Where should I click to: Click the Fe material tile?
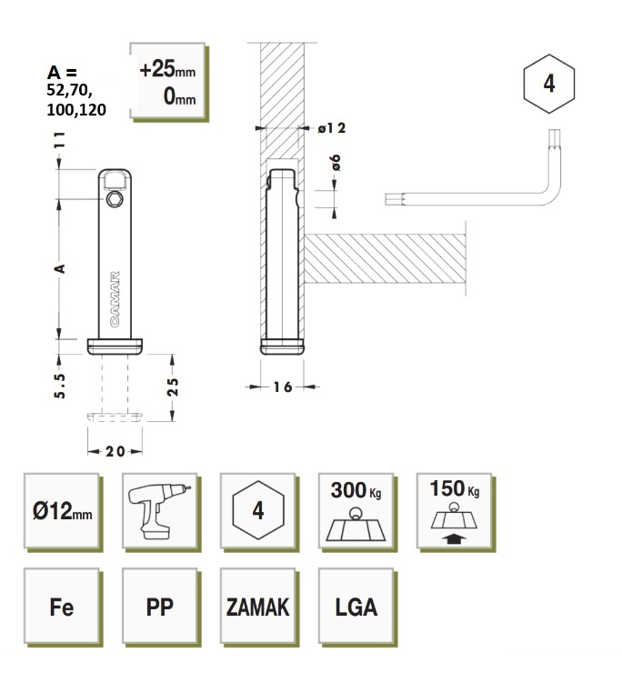[x=61, y=607]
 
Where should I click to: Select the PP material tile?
[x=159, y=607]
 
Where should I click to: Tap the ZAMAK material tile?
[x=257, y=607]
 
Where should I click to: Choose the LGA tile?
[x=356, y=607]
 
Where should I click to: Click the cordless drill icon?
[x=159, y=508]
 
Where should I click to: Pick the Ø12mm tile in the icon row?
[x=61, y=509]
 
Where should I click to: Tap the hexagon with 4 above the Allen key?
[x=549, y=84]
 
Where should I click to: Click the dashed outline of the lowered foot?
[x=116, y=417]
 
